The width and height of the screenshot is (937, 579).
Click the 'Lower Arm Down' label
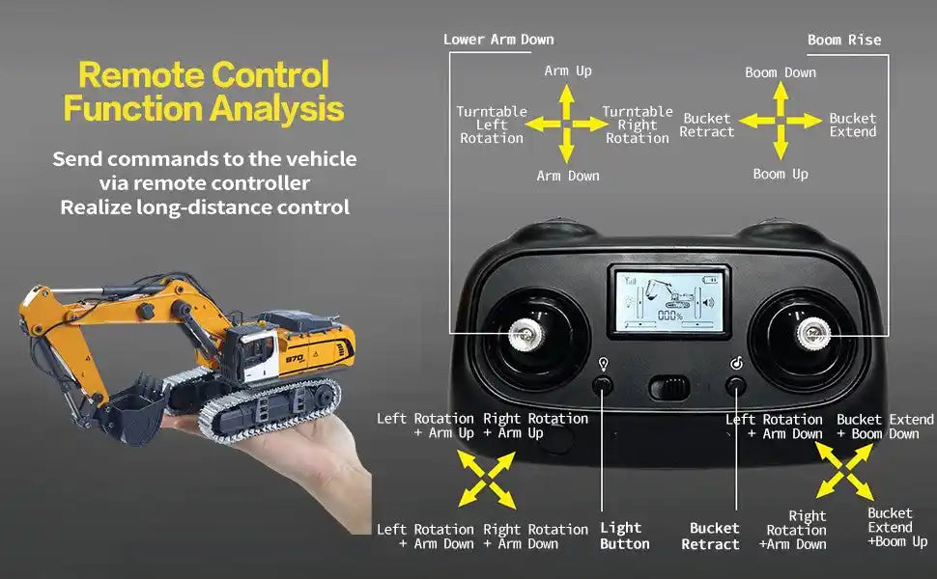[x=498, y=40]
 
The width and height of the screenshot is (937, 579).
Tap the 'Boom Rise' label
[x=843, y=40]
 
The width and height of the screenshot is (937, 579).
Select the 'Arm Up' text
[x=568, y=71]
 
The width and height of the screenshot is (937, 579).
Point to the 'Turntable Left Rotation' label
[x=492, y=124]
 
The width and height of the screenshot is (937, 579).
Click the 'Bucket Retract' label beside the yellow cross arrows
[x=707, y=124]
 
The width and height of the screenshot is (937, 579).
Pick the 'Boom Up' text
[x=781, y=175]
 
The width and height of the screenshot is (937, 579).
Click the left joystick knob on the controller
[x=525, y=334]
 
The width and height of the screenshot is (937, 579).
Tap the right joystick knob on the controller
[x=813, y=333]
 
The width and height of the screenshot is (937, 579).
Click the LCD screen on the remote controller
[x=669, y=301]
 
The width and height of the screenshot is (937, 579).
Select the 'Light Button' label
[x=624, y=536]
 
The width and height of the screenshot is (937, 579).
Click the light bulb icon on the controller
[x=604, y=364]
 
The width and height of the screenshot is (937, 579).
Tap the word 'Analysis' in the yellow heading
[x=277, y=109]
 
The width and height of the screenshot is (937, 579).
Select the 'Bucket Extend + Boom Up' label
[x=897, y=528]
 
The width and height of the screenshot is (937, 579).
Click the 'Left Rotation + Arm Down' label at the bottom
[x=425, y=536]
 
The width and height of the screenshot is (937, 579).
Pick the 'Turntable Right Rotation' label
[x=637, y=124]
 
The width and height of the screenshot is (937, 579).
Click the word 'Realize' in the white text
[x=96, y=207]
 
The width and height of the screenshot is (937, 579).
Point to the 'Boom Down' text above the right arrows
[x=781, y=72]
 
